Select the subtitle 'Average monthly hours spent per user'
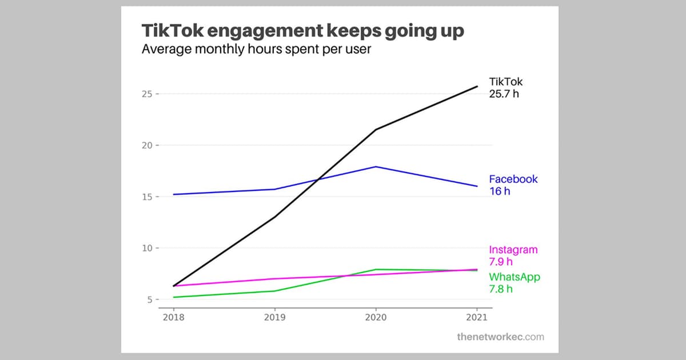(x=256, y=49)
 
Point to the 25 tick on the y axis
(x=147, y=94)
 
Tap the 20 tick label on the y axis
(x=147, y=145)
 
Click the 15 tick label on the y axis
(x=147, y=197)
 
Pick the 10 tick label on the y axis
(x=147, y=248)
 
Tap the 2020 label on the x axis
(x=374, y=317)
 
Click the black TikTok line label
(x=505, y=82)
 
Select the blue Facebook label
(x=513, y=179)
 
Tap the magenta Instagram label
(x=513, y=250)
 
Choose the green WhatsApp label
(x=514, y=277)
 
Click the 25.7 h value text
(x=504, y=94)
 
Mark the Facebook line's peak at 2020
(x=375, y=167)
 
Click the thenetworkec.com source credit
(x=500, y=337)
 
